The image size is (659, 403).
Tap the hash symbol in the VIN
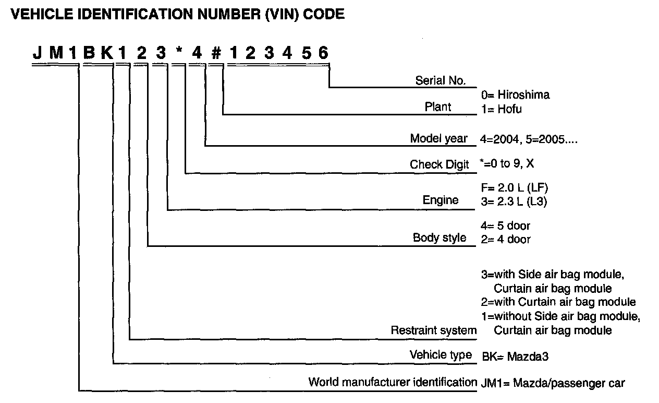pyautogui.click(x=215, y=53)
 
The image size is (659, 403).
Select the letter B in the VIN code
pyautogui.click(x=88, y=53)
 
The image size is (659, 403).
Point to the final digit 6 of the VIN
pyautogui.click(x=324, y=53)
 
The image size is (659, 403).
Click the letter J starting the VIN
pyautogui.click(x=38, y=53)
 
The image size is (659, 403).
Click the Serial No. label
pyautogui.click(x=440, y=80)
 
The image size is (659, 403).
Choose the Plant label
pyautogui.click(x=438, y=107)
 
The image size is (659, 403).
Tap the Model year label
pyautogui.click(x=440, y=139)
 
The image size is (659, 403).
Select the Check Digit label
pyautogui.click(x=440, y=164)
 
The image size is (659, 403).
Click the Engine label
pyautogui.click(x=441, y=200)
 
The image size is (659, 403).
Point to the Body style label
pyautogui.click(x=440, y=238)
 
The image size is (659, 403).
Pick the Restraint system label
pyautogui.click(x=434, y=330)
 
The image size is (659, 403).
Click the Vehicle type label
pyautogui.click(x=441, y=355)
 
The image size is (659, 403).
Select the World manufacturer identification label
pyautogui.click(x=393, y=382)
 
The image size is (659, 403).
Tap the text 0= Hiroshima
pyautogui.click(x=515, y=95)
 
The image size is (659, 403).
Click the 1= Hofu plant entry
pyautogui.click(x=501, y=110)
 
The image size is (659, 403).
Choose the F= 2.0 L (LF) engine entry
pyautogui.click(x=514, y=187)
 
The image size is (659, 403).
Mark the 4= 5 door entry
pyautogui.click(x=505, y=226)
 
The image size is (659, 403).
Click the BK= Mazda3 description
pyautogui.click(x=515, y=357)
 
